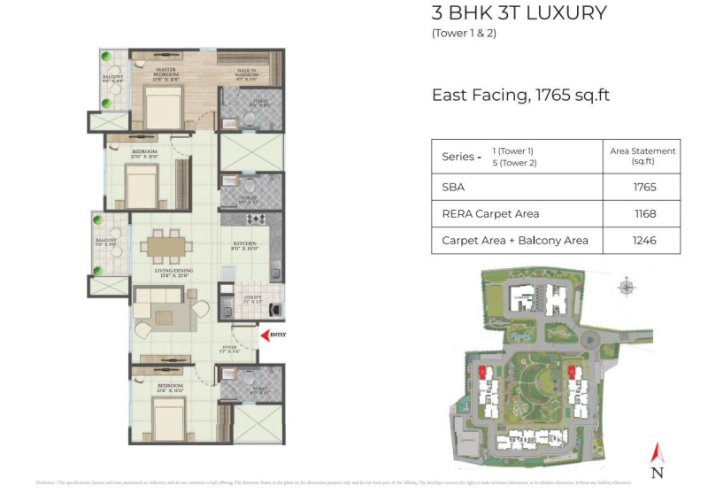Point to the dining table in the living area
coord(165,244)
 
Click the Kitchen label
coord(245,246)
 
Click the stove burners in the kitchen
coord(256,219)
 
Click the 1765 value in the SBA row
coord(644,188)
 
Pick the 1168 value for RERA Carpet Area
coord(644,213)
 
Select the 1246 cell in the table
coord(644,240)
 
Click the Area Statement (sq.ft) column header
coord(643,156)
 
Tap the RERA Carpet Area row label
coord(490,213)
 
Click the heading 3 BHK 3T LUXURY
coord(519,13)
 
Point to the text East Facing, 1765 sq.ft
coord(520,95)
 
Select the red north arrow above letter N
coord(656,452)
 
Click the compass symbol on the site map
coord(627,286)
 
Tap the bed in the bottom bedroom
coord(165,417)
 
